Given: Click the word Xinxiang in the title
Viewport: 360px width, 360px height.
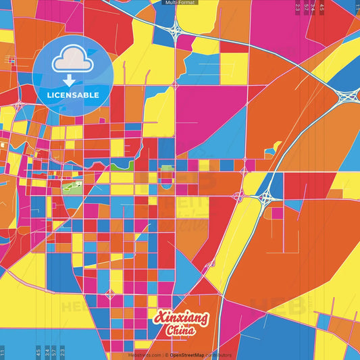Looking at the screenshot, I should pos(182,317).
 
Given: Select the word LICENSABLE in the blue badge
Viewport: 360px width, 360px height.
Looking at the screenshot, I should pos(73,95).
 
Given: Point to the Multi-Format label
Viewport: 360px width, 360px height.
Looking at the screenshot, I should pos(180,3).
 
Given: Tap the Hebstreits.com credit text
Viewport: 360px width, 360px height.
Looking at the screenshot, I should pos(145,354).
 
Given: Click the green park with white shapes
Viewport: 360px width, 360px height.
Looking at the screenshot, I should pos(72,186).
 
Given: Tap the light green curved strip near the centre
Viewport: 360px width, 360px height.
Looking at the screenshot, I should pos(122,165).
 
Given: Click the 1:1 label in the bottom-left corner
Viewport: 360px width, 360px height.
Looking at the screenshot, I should pos(3,352).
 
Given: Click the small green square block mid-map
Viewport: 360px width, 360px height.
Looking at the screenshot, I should pos(167,168).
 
